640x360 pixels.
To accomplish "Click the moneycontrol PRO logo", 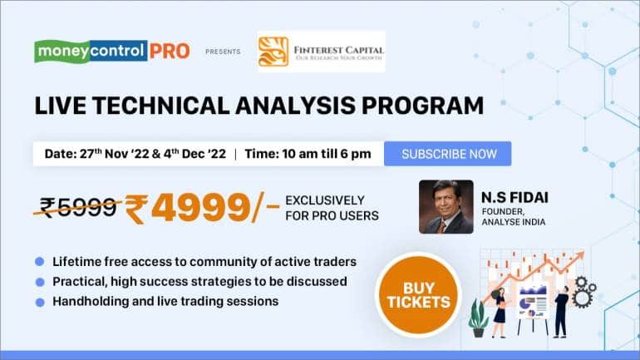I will [111, 51].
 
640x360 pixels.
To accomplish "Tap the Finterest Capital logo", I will [320, 52].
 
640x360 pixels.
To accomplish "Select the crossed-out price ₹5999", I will [79, 208].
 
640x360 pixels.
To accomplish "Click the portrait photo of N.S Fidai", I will [446, 207].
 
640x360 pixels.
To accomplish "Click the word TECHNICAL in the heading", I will [170, 106].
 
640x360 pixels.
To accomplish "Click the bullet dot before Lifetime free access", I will [39, 262].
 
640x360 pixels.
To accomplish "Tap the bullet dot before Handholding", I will [39, 301].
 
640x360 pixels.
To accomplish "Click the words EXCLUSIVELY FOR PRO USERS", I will [331, 208].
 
